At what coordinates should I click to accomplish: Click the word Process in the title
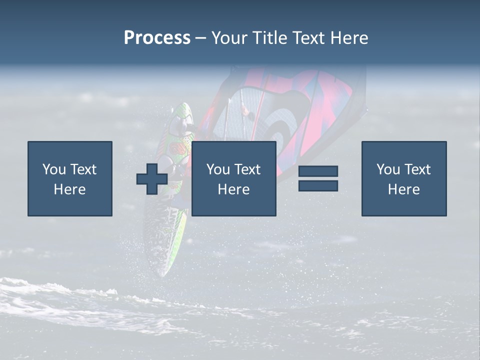157,38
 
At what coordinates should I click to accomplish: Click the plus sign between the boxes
152,179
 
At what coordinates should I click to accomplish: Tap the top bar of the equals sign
318,171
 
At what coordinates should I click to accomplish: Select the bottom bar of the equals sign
318,186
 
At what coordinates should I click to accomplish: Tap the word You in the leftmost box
53,169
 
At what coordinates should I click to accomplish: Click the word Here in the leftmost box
69,189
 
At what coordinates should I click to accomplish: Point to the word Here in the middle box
233,189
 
